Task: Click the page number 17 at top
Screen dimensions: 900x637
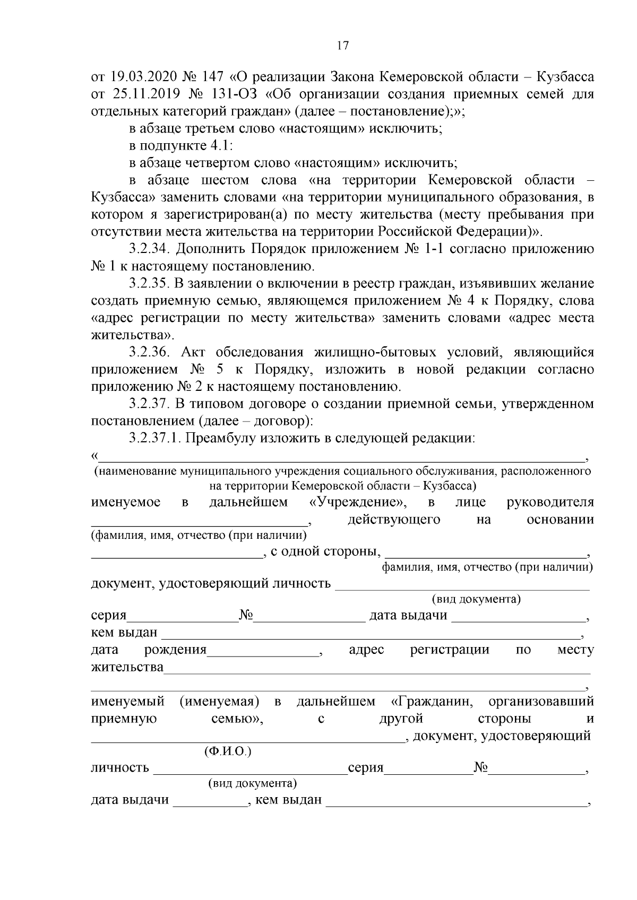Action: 343,46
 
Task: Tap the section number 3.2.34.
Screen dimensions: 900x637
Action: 150,249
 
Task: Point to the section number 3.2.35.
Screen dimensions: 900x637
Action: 150,284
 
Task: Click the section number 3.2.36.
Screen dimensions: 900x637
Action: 150,352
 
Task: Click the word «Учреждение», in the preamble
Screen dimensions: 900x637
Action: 358,502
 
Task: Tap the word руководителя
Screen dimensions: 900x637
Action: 550,502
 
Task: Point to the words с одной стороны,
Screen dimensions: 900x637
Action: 325,552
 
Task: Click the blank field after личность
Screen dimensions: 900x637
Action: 249,769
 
